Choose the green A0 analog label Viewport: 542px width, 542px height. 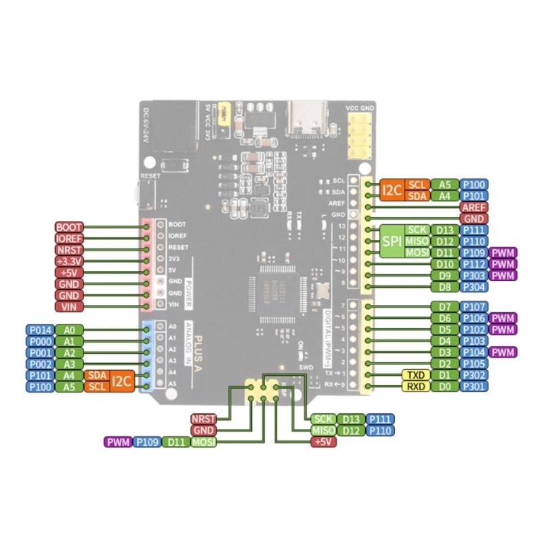coord(69,329)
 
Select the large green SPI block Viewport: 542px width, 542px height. coord(391,241)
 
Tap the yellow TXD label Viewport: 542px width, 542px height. coord(414,375)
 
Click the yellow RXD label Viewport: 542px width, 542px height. coord(414,386)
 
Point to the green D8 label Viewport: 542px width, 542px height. coord(444,287)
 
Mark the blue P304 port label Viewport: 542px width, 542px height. coord(474,287)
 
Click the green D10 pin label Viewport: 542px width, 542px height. coord(444,264)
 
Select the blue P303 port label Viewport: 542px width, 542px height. coord(474,275)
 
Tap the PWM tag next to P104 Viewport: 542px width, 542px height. coord(503,352)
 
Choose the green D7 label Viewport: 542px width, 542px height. coord(444,306)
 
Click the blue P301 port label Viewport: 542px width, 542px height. coord(474,386)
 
